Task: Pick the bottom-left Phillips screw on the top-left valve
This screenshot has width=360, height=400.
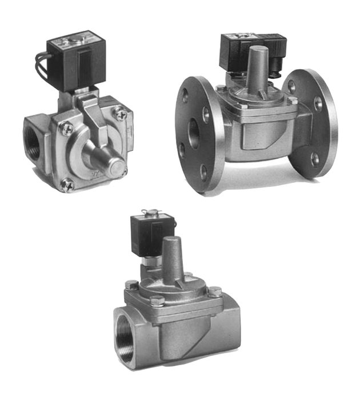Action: coord(67,183)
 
